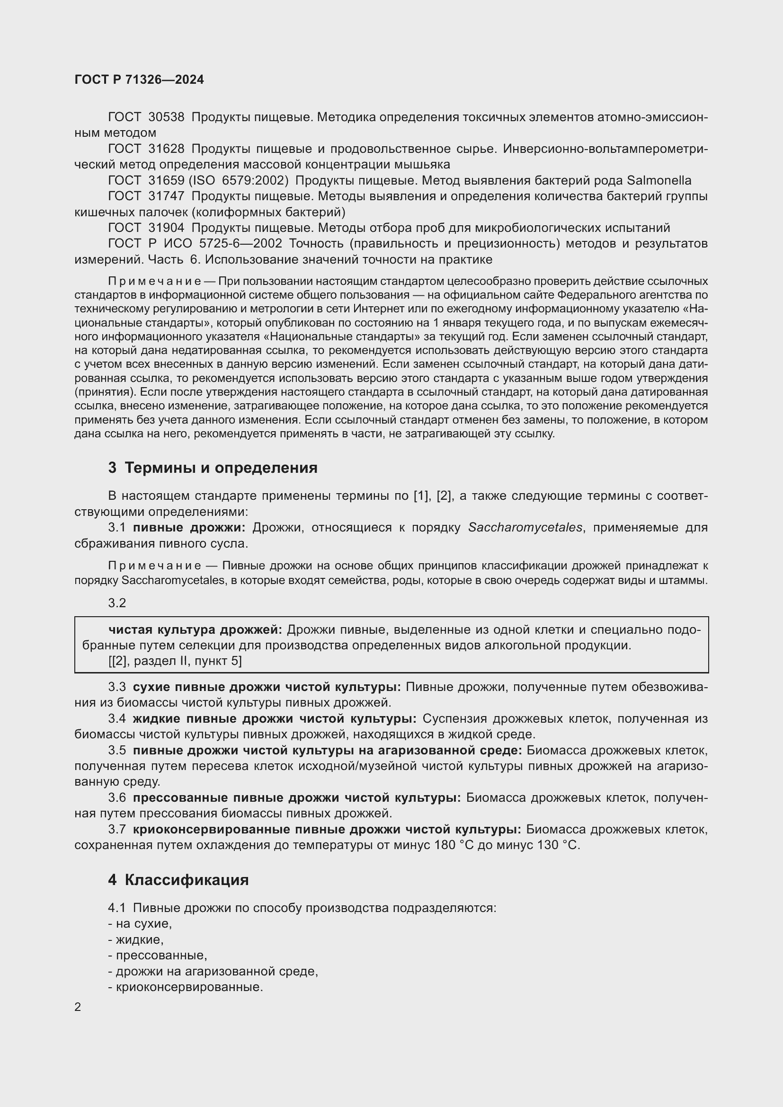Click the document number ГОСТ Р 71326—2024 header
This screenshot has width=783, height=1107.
point(139,80)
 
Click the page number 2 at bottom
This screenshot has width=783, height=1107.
point(78,1007)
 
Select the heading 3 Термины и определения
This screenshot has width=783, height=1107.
point(213,468)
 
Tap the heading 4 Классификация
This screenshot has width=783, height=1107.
point(178,880)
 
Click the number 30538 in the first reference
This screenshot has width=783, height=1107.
point(166,117)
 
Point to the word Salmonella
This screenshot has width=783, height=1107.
point(658,180)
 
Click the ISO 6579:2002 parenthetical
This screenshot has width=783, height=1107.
point(238,180)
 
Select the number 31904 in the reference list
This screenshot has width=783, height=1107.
point(166,228)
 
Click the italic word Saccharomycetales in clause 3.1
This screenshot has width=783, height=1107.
point(525,527)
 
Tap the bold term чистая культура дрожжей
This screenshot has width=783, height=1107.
point(195,629)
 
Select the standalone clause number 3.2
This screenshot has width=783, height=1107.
point(116,603)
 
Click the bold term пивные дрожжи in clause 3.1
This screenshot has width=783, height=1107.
point(189,527)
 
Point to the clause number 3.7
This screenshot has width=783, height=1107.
point(116,829)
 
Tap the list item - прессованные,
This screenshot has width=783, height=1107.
point(158,955)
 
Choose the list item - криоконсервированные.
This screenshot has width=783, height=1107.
point(186,987)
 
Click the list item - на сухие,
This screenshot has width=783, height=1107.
point(140,924)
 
